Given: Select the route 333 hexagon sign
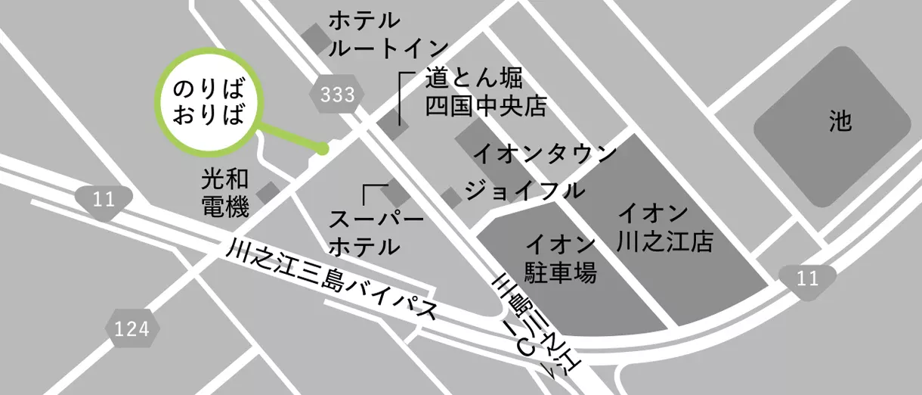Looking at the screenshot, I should (x=336, y=95).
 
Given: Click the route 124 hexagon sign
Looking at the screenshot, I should (x=132, y=328).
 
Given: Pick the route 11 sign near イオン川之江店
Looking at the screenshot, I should (x=807, y=278).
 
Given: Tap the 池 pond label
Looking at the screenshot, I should (x=840, y=121).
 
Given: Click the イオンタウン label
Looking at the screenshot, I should (x=545, y=154).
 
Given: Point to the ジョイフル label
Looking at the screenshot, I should (x=524, y=189).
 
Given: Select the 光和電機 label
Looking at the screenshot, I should (x=224, y=194).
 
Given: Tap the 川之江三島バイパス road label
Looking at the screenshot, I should (x=333, y=281).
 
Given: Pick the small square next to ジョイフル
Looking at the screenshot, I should (x=451, y=197).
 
